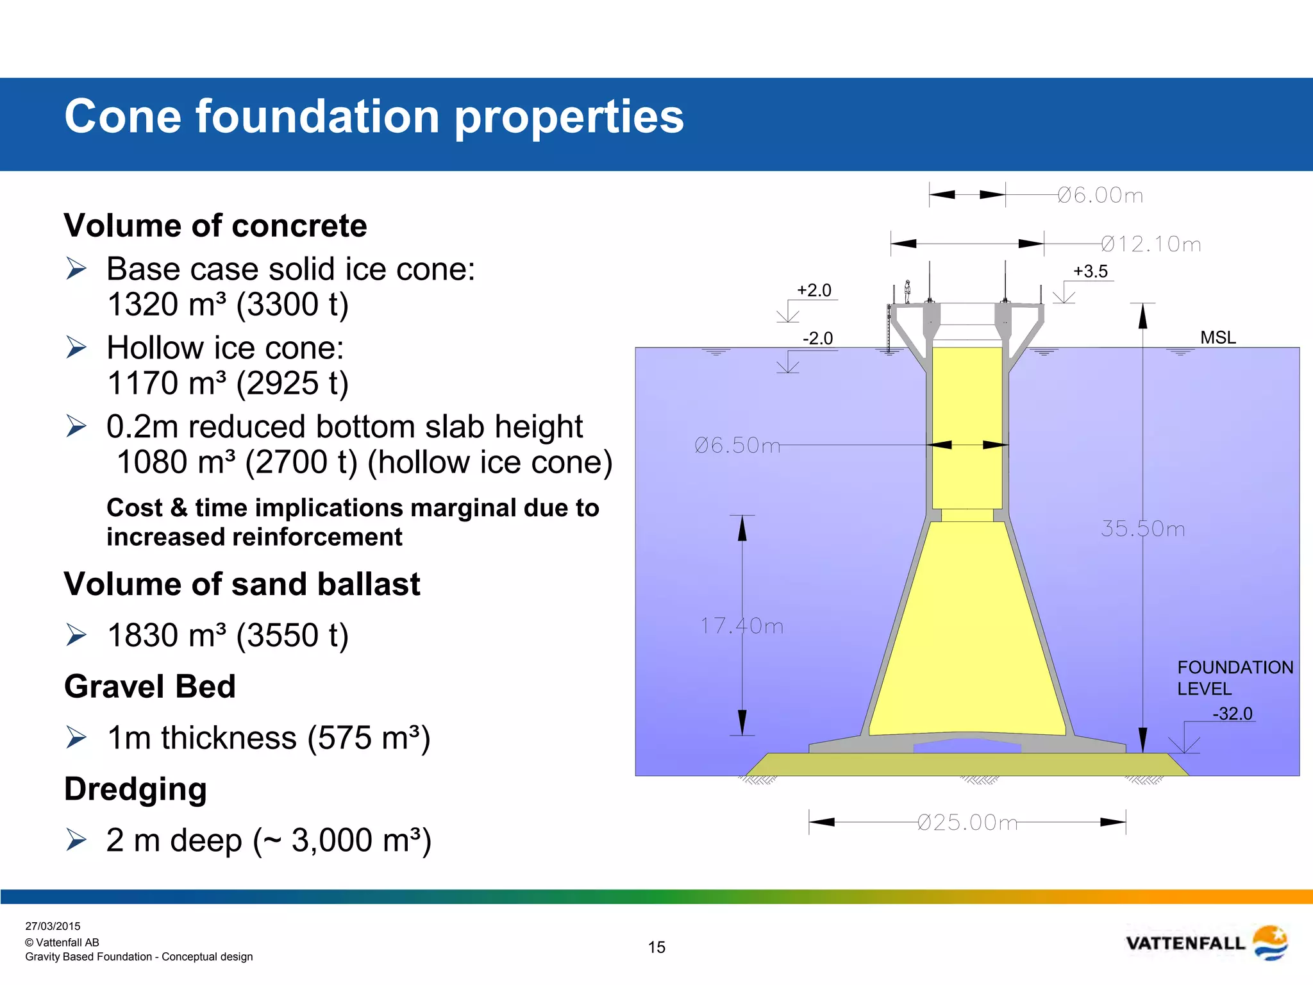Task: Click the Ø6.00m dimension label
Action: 1100,195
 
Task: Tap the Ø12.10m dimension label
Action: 1151,244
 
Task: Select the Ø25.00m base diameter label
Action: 967,822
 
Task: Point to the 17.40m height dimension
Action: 742,626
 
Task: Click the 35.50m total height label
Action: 1142,529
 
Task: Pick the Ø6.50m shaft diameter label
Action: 737,445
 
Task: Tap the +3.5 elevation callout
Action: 1091,271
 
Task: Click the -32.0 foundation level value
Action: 1232,713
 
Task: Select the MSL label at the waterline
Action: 1217,337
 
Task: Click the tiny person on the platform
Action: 907,291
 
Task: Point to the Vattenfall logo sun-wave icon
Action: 1269,943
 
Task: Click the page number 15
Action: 656,947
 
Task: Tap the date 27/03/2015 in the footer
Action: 53,926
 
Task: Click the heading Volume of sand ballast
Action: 242,584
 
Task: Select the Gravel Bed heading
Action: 150,687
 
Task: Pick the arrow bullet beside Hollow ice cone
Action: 76,348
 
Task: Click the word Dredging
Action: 135,789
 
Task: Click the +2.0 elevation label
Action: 814,290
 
